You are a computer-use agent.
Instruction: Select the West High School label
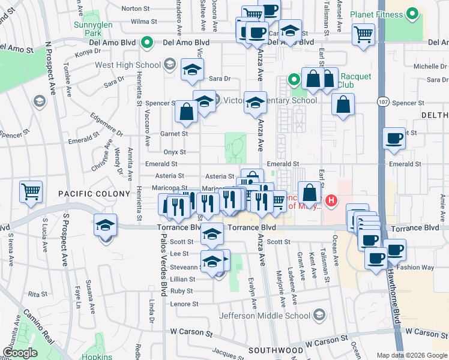point(128,65)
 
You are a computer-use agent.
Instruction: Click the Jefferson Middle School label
point(265,316)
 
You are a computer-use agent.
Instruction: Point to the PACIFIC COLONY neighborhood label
point(94,193)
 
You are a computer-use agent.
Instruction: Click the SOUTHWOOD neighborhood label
point(276,350)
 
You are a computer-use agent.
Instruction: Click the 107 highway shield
point(382,102)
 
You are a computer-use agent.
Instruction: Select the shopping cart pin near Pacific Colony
point(31,191)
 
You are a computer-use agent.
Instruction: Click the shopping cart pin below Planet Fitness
point(363,34)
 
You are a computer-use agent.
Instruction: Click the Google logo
point(19,353)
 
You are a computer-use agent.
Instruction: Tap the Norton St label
point(135,8)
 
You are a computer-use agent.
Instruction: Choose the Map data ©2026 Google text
point(412,355)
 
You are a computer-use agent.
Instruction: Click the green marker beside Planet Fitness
point(412,13)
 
